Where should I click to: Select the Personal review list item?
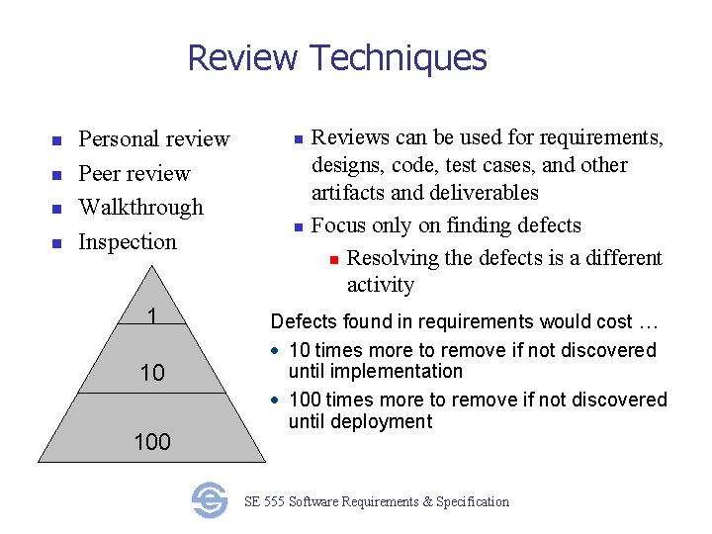(x=154, y=139)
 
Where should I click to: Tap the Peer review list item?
(x=134, y=174)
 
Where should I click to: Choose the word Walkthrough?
(x=140, y=208)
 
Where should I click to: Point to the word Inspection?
(x=128, y=242)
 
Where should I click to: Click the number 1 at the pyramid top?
(x=151, y=316)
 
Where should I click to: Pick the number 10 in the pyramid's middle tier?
(x=151, y=374)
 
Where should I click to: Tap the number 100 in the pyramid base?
(x=151, y=442)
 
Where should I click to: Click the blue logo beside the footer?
(x=210, y=500)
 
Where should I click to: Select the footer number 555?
(x=274, y=502)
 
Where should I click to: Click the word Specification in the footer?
(x=473, y=502)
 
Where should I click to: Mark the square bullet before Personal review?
(x=57, y=140)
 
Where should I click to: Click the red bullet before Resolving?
(x=334, y=259)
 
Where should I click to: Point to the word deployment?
(x=383, y=422)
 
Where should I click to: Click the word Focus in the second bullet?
(x=335, y=225)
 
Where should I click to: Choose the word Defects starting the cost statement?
(x=303, y=322)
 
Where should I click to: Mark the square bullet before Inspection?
(x=57, y=243)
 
